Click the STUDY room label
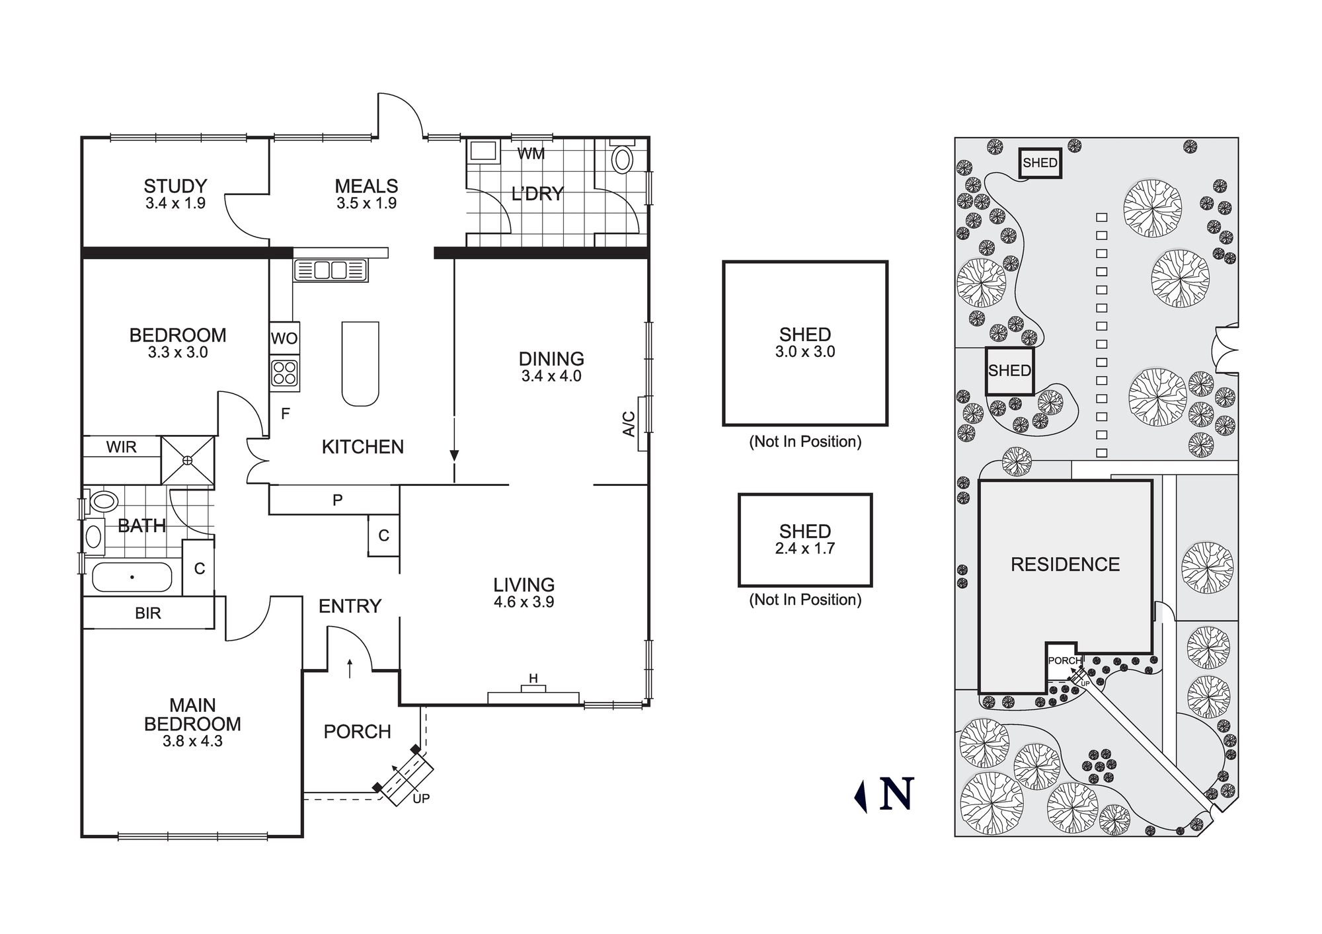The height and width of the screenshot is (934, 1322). click(x=175, y=186)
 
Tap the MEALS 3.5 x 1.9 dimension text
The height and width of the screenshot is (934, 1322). click(x=366, y=204)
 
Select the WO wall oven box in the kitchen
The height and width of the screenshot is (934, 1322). click(x=284, y=338)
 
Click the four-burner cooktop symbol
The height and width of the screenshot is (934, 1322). click(x=284, y=372)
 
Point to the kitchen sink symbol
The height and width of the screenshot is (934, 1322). click(x=330, y=270)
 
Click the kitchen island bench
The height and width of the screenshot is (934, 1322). click(x=360, y=364)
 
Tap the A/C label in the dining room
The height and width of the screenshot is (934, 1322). click(x=629, y=424)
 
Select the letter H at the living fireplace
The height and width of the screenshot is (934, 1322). click(x=533, y=678)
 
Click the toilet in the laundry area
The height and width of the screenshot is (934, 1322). click(x=622, y=159)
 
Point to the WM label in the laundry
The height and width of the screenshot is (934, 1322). click(x=531, y=154)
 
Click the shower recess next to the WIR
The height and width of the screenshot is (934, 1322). click(x=188, y=460)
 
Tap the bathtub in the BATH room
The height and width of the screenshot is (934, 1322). click(x=132, y=577)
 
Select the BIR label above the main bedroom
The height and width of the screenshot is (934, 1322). click(x=148, y=613)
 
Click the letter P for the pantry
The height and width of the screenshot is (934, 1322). click(x=337, y=500)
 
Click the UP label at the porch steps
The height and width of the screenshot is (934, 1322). click(x=421, y=798)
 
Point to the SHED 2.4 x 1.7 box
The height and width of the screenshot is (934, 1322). click(x=805, y=540)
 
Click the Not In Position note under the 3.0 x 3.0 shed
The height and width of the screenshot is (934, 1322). click(x=805, y=442)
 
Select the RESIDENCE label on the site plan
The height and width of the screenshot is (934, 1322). click(x=1065, y=564)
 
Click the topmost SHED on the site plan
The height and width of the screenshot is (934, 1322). click(x=1040, y=163)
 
